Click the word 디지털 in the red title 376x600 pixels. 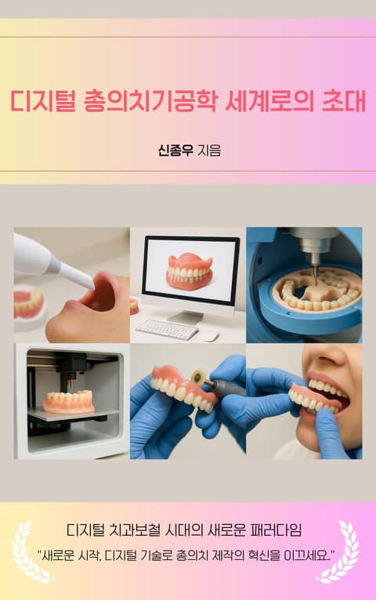(42, 101)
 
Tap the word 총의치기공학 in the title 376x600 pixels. (150, 101)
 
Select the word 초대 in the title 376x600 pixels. (344, 101)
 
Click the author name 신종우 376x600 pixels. (175, 150)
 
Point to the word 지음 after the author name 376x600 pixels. (209, 150)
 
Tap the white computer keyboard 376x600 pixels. (167, 329)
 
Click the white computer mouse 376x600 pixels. (210, 336)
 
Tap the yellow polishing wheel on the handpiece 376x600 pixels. (197, 378)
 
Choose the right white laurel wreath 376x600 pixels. (342, 550)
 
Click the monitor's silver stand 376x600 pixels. (186, 316)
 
